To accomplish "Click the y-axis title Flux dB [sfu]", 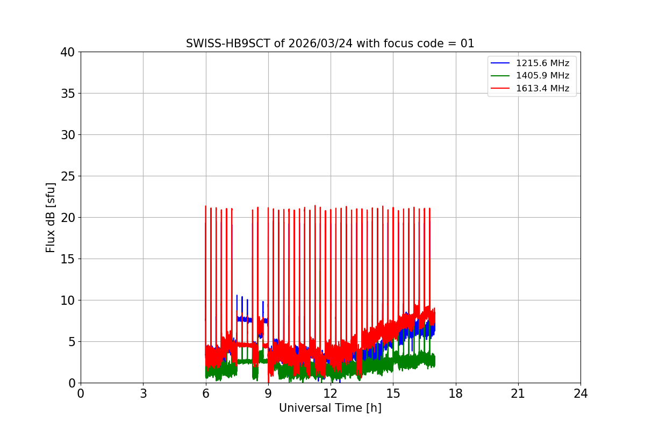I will coord(51,217).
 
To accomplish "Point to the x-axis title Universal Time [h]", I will coord(330,408).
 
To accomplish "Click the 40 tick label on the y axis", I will coord(68,52).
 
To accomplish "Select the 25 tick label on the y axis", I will coord(68,176).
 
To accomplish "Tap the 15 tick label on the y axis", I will coord(68,259).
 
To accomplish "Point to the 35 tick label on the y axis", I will coord(68,94).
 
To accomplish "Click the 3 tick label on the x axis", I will coord(143,393).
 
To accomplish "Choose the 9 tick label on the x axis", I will coord(268,393).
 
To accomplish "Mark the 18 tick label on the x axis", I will coord(456,393).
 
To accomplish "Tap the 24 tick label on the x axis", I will coord(580,393).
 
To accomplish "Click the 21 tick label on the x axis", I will coord(518,393).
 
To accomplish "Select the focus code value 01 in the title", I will coord(467,44).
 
